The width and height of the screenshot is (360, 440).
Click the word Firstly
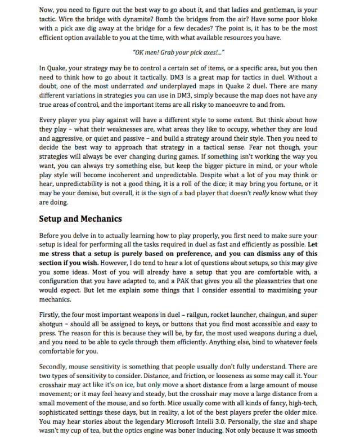click(x=51, y=315)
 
